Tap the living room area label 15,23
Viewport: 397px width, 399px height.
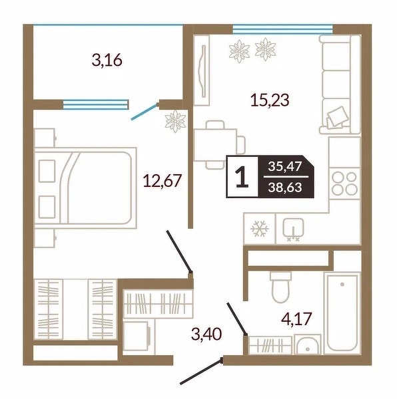coord(270,100)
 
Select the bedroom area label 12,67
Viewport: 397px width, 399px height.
coord(163,181)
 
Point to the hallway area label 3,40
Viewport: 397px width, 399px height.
coord(206,334)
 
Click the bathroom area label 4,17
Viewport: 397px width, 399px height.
coord(296,319)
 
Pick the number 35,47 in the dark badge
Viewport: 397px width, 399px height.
coord(285,167)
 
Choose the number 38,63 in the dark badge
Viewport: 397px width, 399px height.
coord(285,188)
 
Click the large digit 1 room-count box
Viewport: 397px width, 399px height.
coord(242,177)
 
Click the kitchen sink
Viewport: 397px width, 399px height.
coord(293,227)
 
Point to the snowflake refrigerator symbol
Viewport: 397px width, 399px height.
coord(260,228)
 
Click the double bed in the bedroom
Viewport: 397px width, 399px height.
coord(85,188)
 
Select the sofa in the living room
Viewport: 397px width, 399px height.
coord(340,84)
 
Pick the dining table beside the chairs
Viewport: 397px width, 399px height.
coord(215,145)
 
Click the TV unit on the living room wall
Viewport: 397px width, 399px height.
coord(202,70)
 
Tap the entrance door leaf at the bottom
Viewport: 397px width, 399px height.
coord(201,371)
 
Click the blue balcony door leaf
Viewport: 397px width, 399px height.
coord(144,112)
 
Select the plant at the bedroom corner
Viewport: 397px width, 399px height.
coord(175,122)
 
